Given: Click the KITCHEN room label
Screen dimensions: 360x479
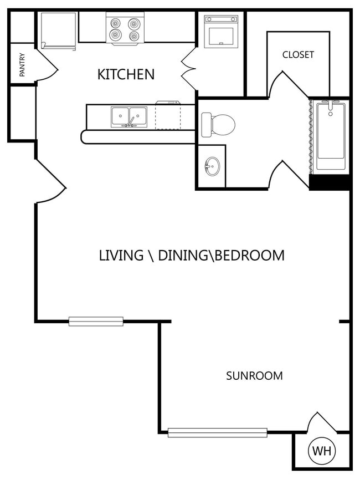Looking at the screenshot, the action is click(126, 74).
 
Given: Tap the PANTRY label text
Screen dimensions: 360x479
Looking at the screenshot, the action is click(22, 65).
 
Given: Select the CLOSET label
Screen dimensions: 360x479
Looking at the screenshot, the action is click(298, 55).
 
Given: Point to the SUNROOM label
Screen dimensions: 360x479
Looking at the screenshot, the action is click(254, 375).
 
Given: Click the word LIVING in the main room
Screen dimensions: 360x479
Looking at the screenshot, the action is click(121, 256).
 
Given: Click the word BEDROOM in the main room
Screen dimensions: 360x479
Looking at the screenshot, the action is click(249, 256).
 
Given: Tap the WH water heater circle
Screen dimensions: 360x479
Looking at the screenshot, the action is click(322, 451).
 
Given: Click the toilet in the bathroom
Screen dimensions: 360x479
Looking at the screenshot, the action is click(218, 125).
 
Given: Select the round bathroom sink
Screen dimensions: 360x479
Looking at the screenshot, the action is click(212, 166).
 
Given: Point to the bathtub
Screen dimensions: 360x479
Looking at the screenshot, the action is click(331, 136).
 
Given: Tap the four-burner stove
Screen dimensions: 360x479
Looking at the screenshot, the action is click(125, 29).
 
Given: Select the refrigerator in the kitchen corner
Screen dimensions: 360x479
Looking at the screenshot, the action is click(58, 30).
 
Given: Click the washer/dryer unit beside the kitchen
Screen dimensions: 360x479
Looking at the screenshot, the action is click(221, 32).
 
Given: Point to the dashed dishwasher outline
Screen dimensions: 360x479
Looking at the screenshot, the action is click(168, 115).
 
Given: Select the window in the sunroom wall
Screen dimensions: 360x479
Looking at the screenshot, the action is click(218, 432).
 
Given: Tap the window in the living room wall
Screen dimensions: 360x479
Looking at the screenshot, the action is click(96, 322).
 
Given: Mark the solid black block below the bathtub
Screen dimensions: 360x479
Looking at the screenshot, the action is click(330, 182).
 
